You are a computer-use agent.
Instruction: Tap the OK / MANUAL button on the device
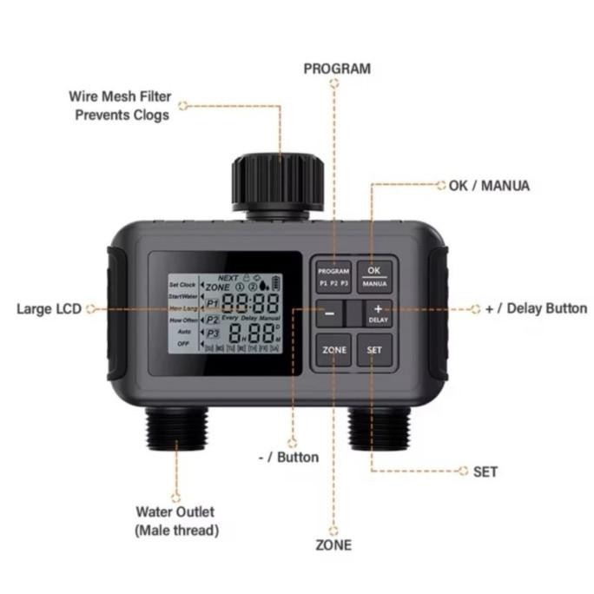pos(375,276)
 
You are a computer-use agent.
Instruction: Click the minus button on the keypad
pos(330,313)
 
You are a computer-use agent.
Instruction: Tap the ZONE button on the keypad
pos(334,350)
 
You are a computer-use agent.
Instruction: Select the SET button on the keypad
pos(374,350)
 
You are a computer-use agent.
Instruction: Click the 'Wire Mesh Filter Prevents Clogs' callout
pos(120,105)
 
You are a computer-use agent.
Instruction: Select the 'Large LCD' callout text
pos(48,309)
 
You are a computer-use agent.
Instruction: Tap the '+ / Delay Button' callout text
pos(536,308)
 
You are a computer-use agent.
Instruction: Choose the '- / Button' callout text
pos(289,457)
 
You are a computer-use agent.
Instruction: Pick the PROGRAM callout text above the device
pos(337,69)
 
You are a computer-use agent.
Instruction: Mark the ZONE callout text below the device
pos(333,545)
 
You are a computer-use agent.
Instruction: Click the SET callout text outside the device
pos(486,472)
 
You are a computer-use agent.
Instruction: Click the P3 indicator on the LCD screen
pos(213,333)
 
